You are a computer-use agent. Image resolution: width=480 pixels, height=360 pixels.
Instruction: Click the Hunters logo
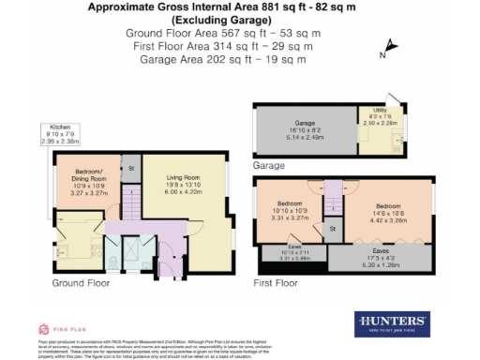coord(392,323)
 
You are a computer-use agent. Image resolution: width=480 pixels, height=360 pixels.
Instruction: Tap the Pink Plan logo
coord(56,329)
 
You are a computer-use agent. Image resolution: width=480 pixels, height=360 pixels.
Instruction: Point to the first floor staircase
coord(331,199)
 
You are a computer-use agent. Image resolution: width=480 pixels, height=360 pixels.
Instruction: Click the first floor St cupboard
coord(331,228)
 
